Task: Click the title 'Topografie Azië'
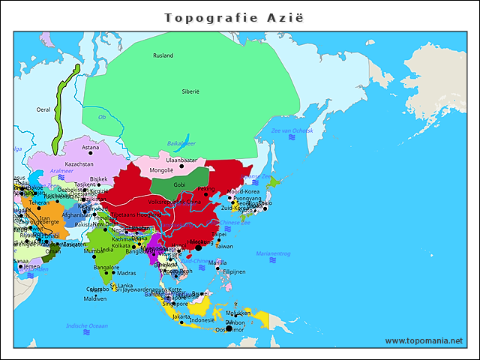(239, 17)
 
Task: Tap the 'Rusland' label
(163, 55)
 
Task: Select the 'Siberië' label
(190, 91)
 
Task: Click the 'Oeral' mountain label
(43, 109)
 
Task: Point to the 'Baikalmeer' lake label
(181, 142)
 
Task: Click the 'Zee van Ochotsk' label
(292, 131)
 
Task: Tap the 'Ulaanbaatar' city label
(181, 160)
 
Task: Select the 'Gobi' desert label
(179, 184)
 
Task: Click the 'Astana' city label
(90, 147)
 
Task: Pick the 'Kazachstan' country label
(79, 163)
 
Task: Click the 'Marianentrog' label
(273, 253)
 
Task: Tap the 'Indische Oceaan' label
(87, 325)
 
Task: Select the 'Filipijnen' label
(234, 271)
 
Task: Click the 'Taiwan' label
(224, 246)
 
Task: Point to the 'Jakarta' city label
(181, 316)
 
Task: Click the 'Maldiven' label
(95, 298)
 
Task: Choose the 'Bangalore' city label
(106, 267)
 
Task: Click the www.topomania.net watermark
(424, 340)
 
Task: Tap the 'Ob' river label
(102, 117)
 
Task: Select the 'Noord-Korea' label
(242, 191)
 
